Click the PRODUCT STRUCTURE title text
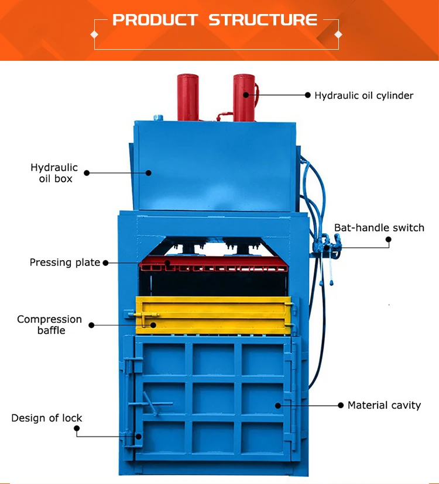click(215, 20)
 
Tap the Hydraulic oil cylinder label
click(363, 95)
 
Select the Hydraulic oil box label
click(54, 173)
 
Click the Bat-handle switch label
click(379, 227)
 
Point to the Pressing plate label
click(65, 262)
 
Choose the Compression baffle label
click(49, 324)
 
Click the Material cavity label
click(384, 405)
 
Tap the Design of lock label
click(47, 418)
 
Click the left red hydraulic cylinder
click(188, 96)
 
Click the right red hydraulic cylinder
click(244, 96)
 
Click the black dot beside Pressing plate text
click(106, 263)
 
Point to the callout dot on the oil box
click(149, 172)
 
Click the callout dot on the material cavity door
click(278, 405)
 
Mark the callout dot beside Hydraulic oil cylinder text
click(307, 95)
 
